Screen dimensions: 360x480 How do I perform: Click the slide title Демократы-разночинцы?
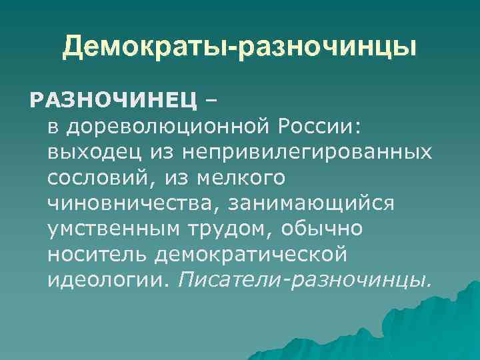[x=240, y=47]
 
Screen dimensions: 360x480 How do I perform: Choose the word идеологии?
[x=103, y=279]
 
